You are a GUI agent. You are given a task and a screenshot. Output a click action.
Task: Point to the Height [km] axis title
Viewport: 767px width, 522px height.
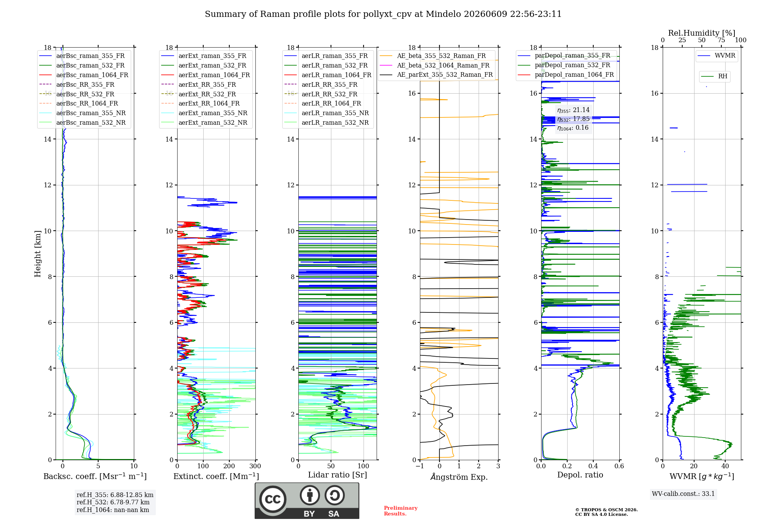(x=38, y=253)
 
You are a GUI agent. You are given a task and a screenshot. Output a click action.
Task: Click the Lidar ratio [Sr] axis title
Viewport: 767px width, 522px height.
(x=337, y=475)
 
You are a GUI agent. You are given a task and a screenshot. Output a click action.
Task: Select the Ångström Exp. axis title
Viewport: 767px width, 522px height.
(x=459, y=477)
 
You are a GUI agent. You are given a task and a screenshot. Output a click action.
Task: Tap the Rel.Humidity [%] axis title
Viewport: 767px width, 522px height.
(x=702, y=33)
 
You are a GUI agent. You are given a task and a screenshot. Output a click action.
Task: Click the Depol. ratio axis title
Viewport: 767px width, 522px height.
(x=580, y=475)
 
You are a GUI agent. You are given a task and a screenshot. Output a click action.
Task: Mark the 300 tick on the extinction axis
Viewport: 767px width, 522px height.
(x=255, y=466)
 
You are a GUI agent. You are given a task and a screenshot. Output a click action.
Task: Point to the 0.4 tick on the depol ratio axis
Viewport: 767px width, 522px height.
(x=593, y=466)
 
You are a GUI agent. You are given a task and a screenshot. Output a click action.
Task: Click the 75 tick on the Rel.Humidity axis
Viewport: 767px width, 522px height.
(x=721, y=40)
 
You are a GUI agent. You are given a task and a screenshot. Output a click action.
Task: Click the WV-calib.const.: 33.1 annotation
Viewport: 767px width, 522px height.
(x=683, y=494)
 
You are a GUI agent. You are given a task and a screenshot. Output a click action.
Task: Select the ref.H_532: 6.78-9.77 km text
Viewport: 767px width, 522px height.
(x=113, y=502)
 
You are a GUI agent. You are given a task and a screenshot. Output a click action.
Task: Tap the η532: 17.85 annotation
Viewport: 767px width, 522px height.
(x=573, y=119)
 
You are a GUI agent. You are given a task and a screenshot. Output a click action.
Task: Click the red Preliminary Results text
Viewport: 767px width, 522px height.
(x=401, y=511)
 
